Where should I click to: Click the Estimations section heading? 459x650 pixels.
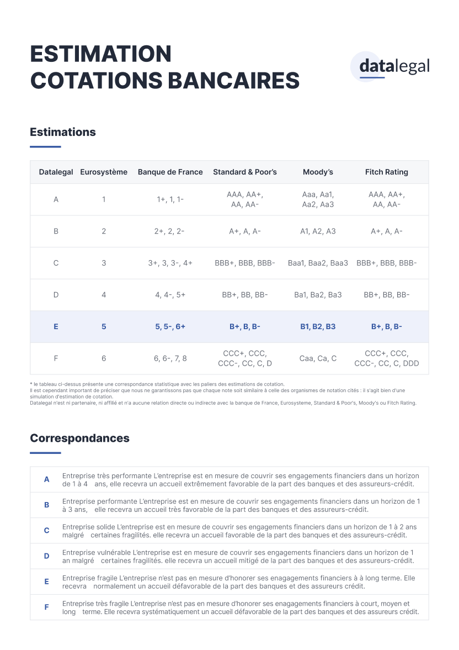pos(63,132)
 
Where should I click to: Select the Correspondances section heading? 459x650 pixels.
pos(79,438)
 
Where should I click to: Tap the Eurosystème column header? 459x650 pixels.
pos(104,172)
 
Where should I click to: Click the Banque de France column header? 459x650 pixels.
pos(170,172)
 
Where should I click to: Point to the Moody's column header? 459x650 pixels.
pos(318,172)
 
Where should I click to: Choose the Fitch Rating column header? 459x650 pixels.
pos(386,172)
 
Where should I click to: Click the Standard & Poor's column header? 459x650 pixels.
pos(245,172)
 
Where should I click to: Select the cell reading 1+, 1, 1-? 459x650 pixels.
pos(170,199)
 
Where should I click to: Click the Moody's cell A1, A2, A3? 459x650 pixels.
pos(318,231)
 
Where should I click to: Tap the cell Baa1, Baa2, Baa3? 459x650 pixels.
pos(318,263)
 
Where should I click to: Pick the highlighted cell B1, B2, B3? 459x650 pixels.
pos(318,326)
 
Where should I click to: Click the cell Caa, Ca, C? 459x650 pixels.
pos(318,358)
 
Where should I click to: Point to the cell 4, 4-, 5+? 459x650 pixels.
pos(170,295)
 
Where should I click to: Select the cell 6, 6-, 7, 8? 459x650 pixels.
pos(170,358)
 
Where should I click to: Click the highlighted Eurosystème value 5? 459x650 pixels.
pos(104,326)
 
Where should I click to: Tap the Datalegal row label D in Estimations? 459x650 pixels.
pos(56,295)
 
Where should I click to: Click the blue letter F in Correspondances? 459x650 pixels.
pos(47,607)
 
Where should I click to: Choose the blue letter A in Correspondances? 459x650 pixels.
pos(47,479)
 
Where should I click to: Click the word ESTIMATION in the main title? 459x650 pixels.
pos(101,54)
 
